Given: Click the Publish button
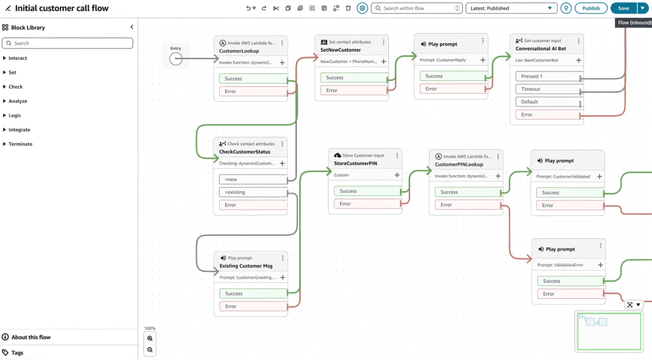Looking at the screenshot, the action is (x=590, y=8).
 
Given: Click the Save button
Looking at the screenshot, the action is (x=623, y=8).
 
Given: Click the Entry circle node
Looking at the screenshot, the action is (x=176, y=59).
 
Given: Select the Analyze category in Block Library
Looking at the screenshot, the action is (x=18, y=101).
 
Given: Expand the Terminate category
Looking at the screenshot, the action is (x=20, y=144).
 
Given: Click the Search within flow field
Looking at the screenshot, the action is (x=416, y=8).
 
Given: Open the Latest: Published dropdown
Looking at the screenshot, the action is (x=511, y=8).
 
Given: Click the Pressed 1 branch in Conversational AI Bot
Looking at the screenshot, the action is (x=548, y=76).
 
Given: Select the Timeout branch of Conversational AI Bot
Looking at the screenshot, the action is (x=548, y=89).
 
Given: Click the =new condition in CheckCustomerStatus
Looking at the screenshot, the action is (x=253, y=180).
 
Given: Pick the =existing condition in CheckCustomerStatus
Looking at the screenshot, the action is (x=253, y=192).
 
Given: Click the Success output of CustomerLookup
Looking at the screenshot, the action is (x=253, y=78).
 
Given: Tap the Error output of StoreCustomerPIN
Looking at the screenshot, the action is (x=367, y=204).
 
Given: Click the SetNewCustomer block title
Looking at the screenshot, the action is (x=341, y=50).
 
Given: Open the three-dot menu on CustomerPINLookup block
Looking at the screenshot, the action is (x=498, y=157).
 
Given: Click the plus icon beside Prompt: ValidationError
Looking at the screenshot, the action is (x=600, y=265).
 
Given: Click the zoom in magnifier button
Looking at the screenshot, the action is (x=150, y=338).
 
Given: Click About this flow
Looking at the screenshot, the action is (x=31, y=337).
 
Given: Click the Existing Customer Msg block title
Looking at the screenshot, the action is (x=246, y=266).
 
